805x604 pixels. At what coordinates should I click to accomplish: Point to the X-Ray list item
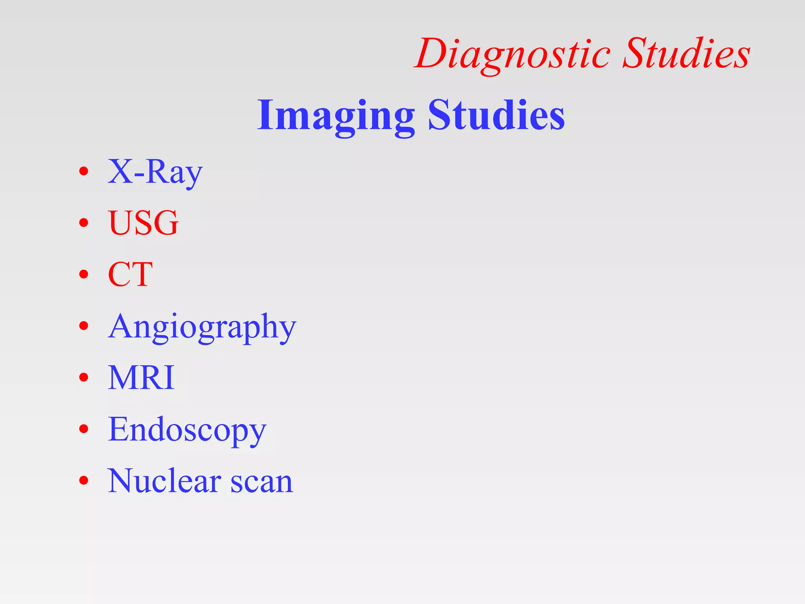point(155,172)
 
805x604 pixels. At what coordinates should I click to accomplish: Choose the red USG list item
point(143,223)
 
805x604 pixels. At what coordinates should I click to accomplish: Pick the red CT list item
point(130,274)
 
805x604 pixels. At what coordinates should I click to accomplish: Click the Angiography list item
point(202,326)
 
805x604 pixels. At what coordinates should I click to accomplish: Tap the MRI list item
point(141,377)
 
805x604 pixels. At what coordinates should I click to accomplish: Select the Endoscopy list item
point(187,429)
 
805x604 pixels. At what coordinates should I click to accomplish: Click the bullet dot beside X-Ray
point(83,171)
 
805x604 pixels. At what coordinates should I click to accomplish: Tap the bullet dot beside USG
point(83,223)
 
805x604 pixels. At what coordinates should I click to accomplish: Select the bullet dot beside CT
point(83,274)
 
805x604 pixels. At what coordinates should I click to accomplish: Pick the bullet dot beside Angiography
point(83,326)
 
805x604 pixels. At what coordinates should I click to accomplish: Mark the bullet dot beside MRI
point(83,377)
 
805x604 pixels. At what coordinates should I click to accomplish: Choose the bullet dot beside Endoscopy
point(83,429)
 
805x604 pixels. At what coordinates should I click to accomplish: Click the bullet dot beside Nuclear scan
point(83,481)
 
